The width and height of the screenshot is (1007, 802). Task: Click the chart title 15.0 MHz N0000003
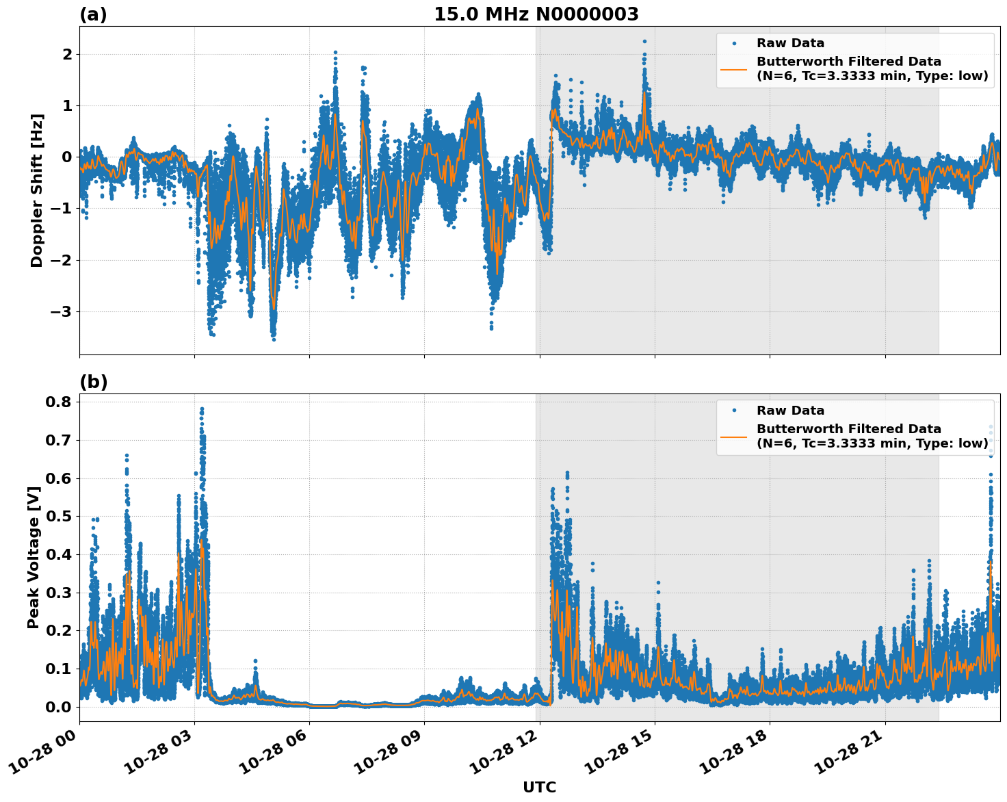pyautogui.click(x=536, y=14)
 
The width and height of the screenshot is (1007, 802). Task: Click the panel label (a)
pyautogui.click(x=93, y=14)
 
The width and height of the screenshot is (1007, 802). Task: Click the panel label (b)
pyautogui.click(x=93, y=382)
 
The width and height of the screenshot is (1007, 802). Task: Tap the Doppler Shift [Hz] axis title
pyautogui.click(x=37, y=190)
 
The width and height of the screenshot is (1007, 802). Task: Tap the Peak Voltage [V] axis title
pyautogui.click(x=33, y=557)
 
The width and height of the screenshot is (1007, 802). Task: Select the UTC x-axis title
pyautogui.click(x=539, y=787)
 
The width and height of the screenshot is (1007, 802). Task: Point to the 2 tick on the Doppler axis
pyautogui.click(x=67, y=54)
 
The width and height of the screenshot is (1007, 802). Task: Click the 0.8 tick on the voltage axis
pyautogui.click(x=58, y=402)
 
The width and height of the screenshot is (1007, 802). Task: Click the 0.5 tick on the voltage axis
pyautogui.click(x=58, y=516)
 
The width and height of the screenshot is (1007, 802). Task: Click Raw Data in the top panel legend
pyautogui.click(x=790, y=43)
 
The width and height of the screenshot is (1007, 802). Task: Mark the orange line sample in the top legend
pyautogui.click(x=733, y=68)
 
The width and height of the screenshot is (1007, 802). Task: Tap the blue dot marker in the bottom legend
pyautogui.click(x=733, y=411)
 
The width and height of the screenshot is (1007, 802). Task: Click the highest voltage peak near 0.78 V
pyautogui.click(x=202, y=409)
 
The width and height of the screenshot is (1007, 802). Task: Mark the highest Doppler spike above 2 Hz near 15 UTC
pyautogui.click(x=644, y=42)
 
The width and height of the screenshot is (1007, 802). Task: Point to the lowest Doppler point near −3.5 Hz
pyautogui.click(x=274, y=339)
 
